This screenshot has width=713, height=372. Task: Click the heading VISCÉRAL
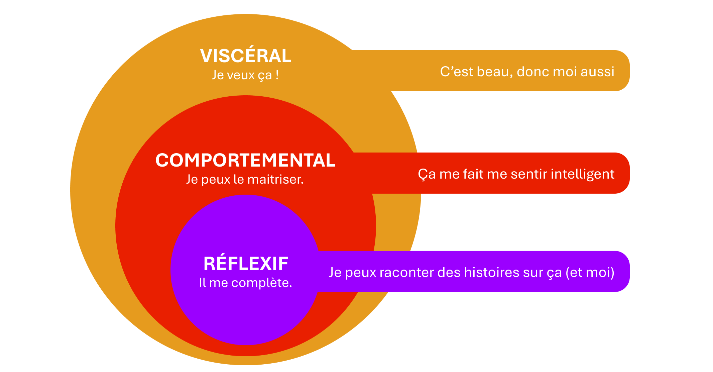[246, 56]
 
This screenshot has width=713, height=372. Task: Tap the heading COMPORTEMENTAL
[245, 160]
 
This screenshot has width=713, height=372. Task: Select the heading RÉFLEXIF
[246, 264]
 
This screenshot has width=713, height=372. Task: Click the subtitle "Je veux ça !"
[245, 75]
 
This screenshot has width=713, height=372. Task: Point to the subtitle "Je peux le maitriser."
[245, 180]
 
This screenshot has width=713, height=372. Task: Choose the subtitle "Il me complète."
[245, 283]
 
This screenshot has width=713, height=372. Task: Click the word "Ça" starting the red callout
[427, 174]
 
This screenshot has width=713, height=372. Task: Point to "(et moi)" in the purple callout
[590, 273]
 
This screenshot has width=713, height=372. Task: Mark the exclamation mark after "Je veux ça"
[277, 75]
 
